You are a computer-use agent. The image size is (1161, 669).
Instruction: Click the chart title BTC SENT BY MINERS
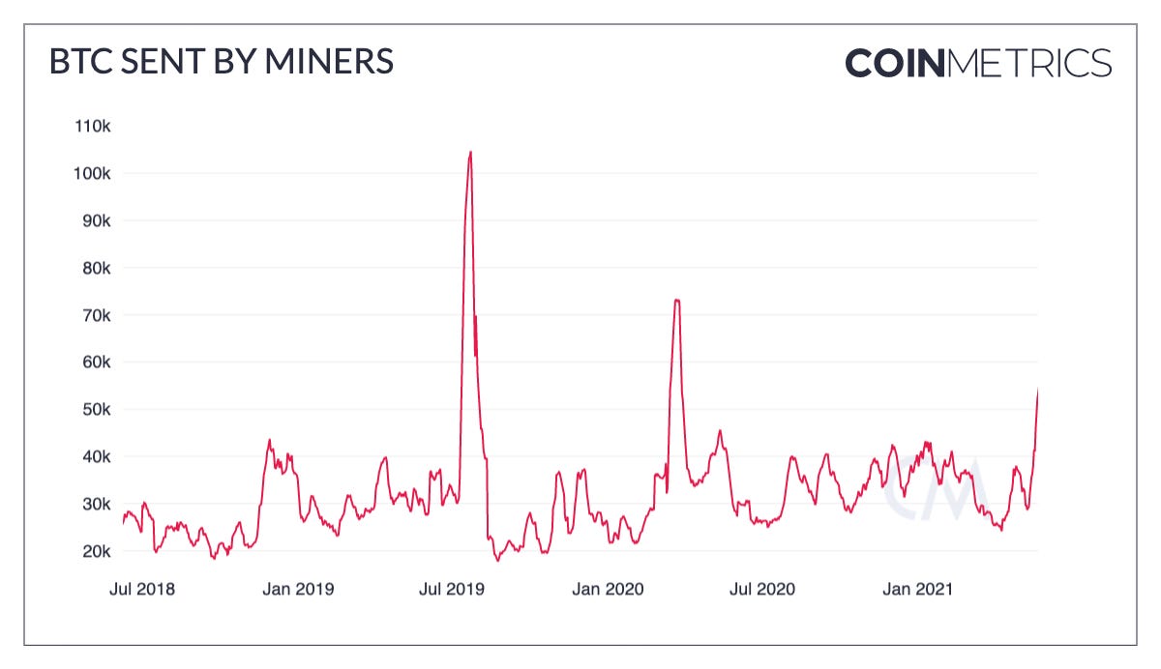coord(222,62)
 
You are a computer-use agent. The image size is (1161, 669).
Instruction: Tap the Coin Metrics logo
coord(978,64)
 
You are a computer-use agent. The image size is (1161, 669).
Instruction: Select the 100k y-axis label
coord(93,174)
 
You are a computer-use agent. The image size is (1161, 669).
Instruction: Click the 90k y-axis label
coord(96,220)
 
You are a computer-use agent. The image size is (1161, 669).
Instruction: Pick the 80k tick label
coord(96,268)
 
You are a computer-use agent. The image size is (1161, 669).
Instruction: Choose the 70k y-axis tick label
coord(96,315)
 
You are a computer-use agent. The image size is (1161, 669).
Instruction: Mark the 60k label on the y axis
coord(96,363)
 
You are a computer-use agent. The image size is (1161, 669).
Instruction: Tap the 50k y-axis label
coord(96,409)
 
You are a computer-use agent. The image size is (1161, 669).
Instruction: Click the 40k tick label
coord(96,456)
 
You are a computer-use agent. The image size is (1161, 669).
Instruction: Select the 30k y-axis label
coord(96,504)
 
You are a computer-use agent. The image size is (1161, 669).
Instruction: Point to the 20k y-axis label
coord(96,551)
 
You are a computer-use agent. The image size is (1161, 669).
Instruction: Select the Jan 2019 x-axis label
coord(299,589)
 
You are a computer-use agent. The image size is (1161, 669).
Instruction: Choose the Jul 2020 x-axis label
coord(763,589)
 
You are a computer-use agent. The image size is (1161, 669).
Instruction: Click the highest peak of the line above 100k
coord(470,153)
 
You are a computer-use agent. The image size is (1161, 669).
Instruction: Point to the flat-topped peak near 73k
coord(677,301)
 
